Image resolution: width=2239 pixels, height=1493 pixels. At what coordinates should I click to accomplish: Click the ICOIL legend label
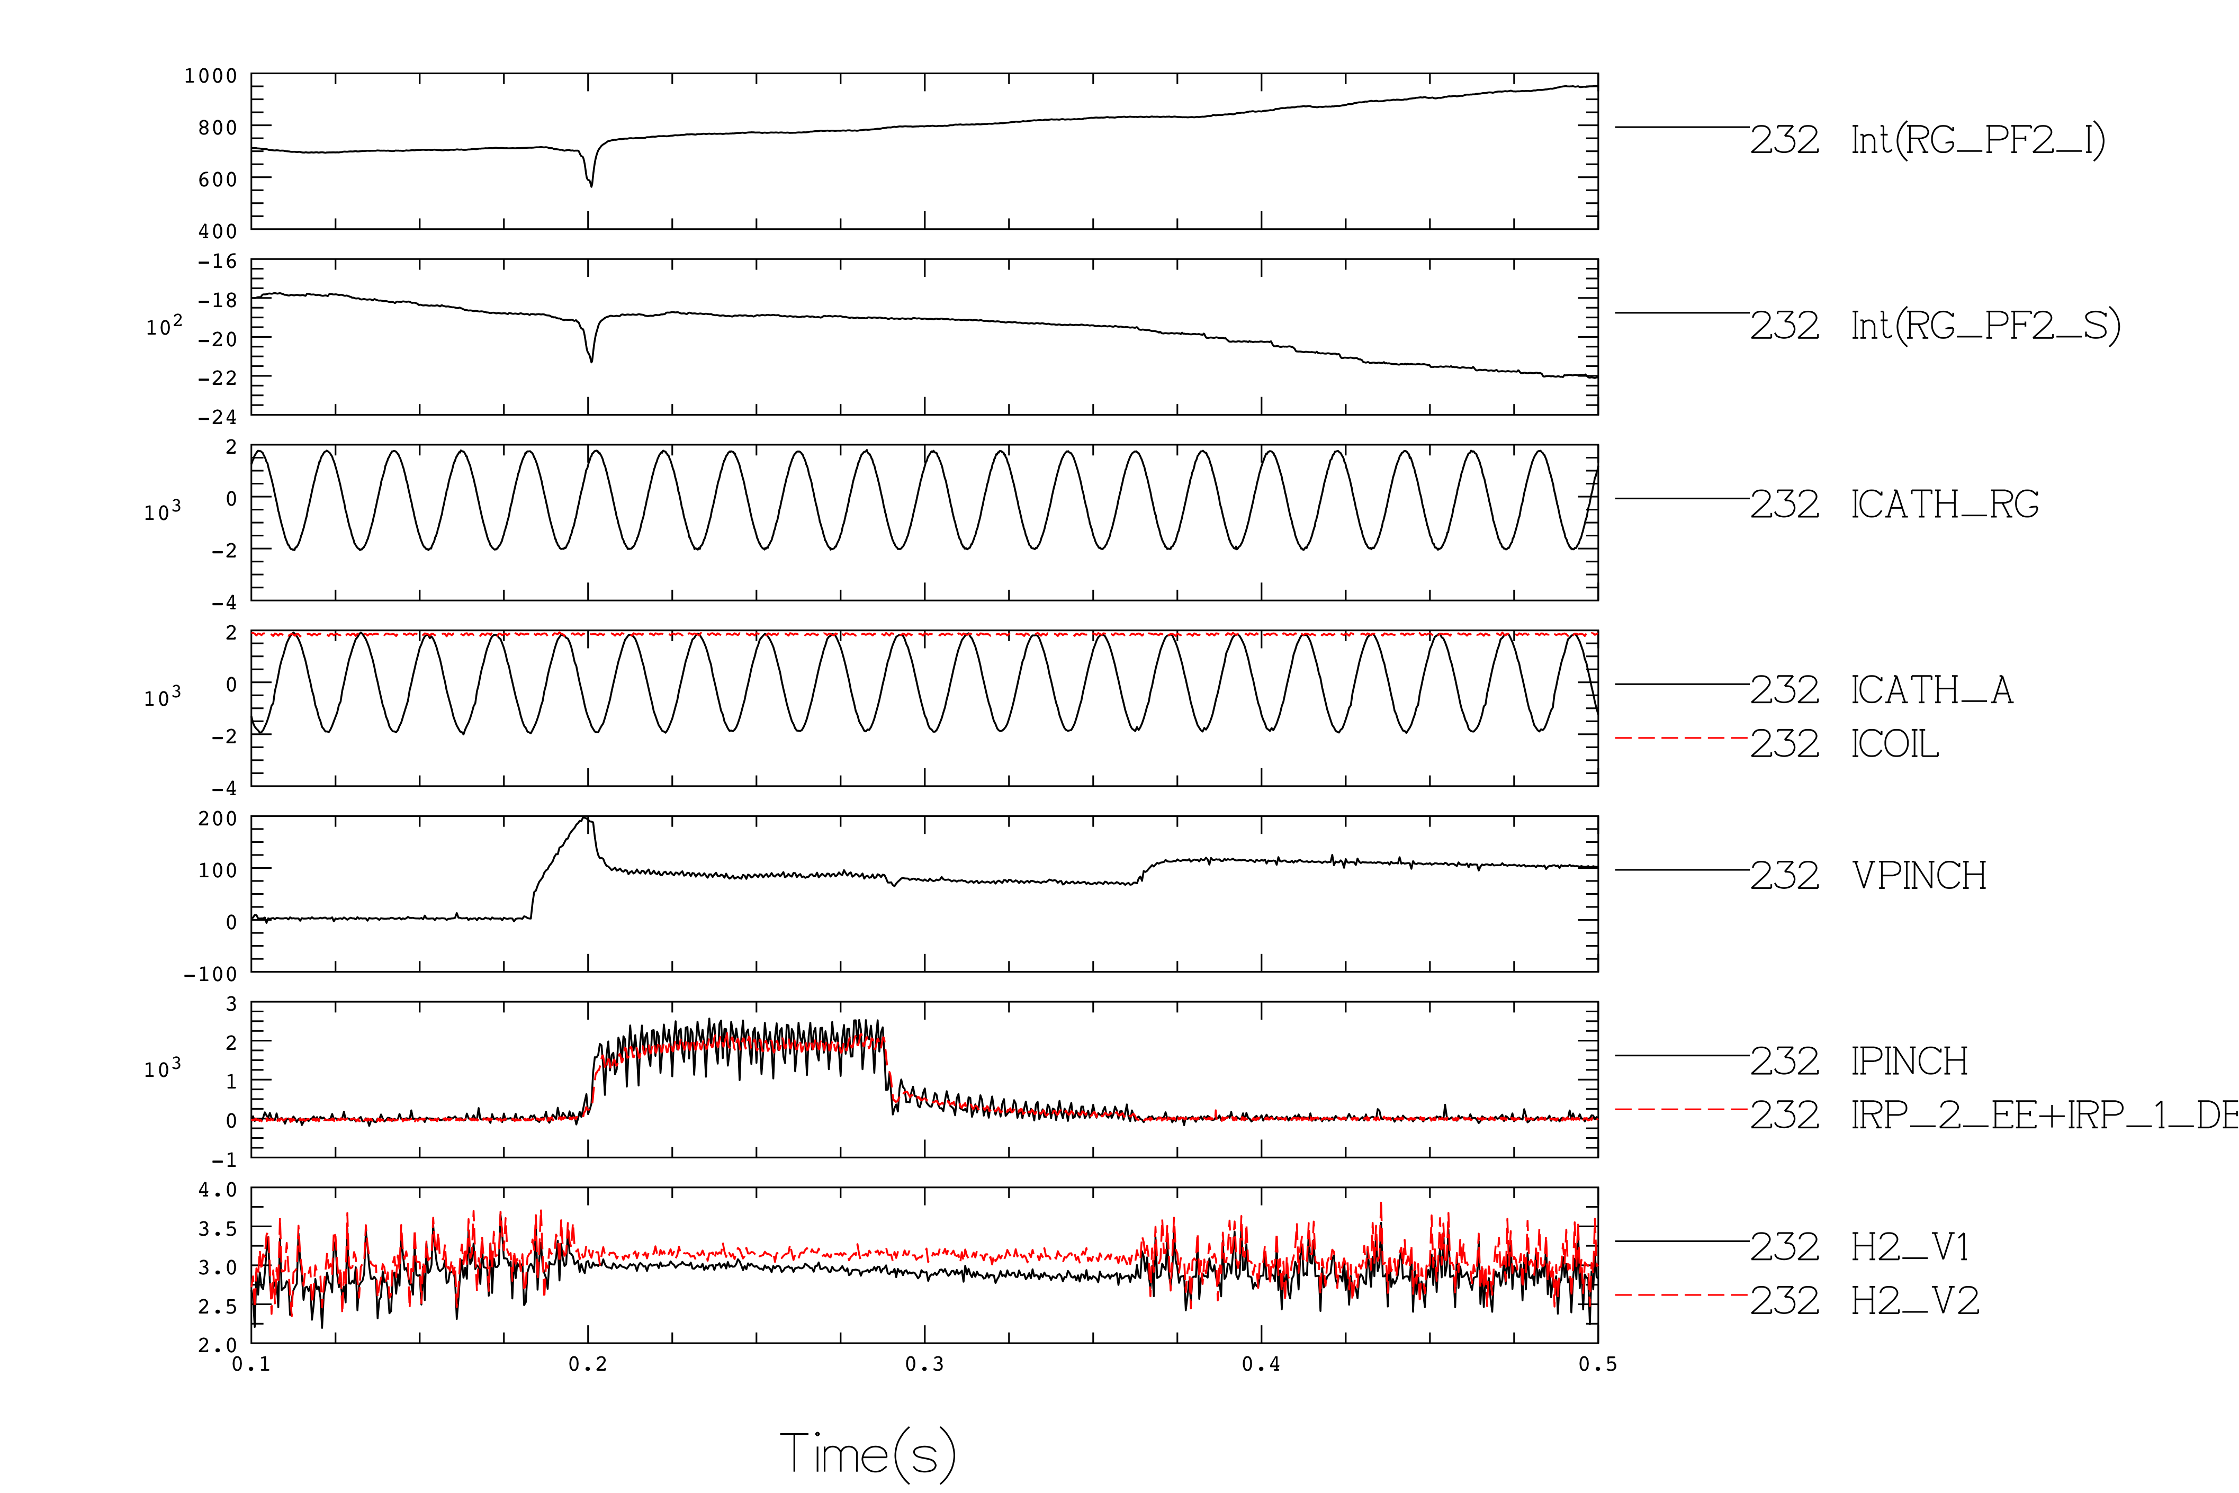pyautogui.click(x=1894, y=744)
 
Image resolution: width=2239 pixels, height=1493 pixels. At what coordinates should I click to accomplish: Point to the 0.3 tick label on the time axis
pyautogui.click(x=924, y=1364)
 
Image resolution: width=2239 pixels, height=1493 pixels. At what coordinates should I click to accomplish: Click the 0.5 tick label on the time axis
pyautogui.click(x=1597, y=1364)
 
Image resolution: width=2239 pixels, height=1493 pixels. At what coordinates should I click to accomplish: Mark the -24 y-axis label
pyautogui.click(x=217, y=417)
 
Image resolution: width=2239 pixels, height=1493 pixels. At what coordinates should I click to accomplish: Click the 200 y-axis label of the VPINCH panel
pyautogui.click(x=217, y=819)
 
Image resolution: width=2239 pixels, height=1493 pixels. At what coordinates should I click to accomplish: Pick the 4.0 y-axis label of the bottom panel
pyautogui.click(x=217, y=1190)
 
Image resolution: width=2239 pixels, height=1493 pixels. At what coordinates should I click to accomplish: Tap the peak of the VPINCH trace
pyautogui.click(x=586, y=819)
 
